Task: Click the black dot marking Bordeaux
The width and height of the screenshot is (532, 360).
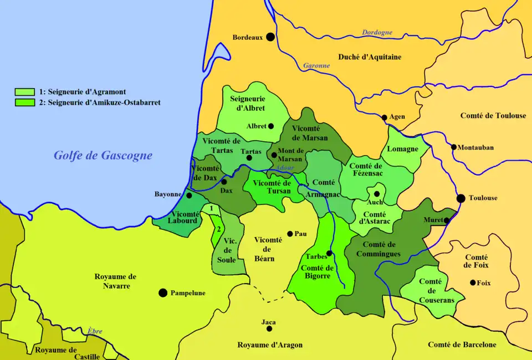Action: pos(270,37)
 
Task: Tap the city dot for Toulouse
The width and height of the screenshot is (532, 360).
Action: pos(461,198)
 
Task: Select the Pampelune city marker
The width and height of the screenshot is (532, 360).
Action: pos(163,292)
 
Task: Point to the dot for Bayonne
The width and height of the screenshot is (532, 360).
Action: pos(189,196)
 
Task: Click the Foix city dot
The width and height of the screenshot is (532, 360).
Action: pos(473,282)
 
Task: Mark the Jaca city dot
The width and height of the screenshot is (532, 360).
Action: pos(269,328)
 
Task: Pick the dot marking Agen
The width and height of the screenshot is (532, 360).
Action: pos(384,117)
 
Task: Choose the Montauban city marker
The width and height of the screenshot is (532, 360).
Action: pos(454,147)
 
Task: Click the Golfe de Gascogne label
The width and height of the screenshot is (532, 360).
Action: pos(103,156)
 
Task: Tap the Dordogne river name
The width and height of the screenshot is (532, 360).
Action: pos(377,33)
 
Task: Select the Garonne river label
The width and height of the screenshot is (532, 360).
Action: pos(316,65)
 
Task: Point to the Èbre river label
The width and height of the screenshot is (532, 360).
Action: pos(95,331)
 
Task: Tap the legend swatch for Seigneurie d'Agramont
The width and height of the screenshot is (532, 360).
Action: pos(25,92)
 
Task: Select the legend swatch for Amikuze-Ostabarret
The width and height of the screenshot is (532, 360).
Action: pos(25,102)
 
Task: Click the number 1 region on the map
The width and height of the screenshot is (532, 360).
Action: pos(211,208)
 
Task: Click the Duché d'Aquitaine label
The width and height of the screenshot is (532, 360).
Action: pos(370,57)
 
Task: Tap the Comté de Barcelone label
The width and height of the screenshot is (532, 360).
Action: pos(462,344)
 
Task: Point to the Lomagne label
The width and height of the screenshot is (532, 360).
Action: pos(402,149)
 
